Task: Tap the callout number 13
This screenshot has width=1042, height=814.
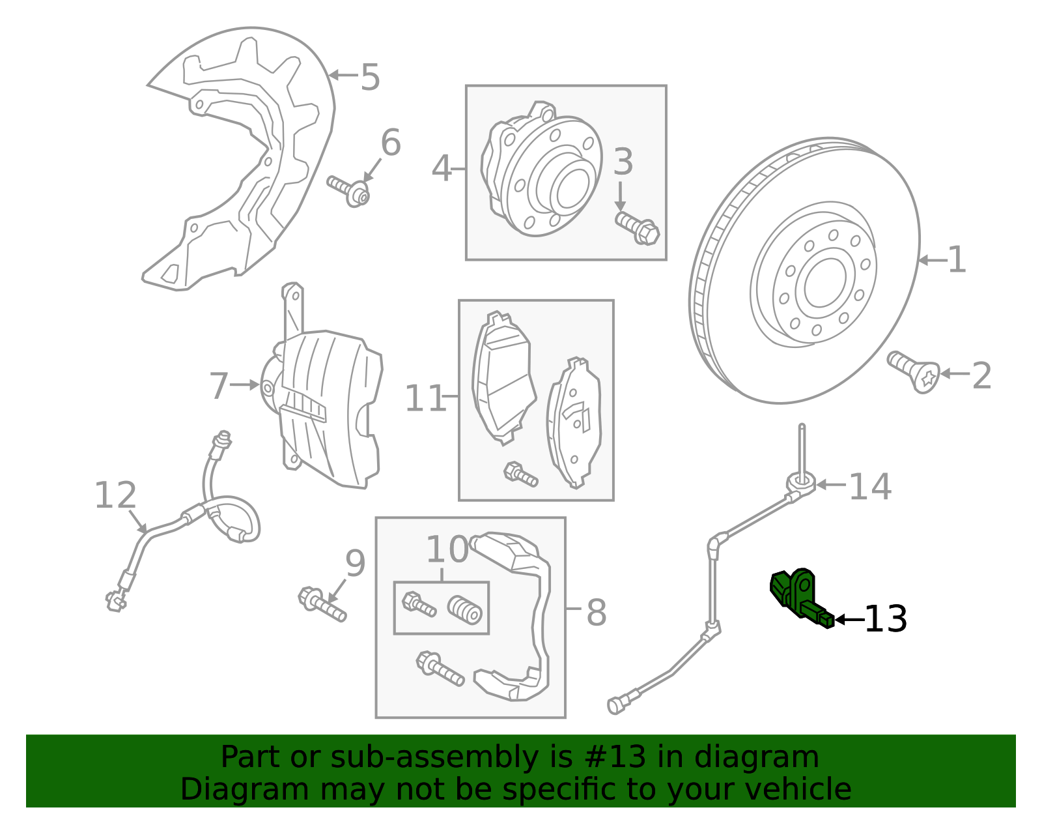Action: pyautogui.click(x=885, y=619)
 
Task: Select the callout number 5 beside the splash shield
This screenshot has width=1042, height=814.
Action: pyautogui.click(x=370, y=78)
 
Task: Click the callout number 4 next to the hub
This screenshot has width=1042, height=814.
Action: pyautogui.click(x=441, y=169)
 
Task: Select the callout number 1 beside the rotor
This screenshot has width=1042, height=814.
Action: pyautogui.click(x=956, y=260)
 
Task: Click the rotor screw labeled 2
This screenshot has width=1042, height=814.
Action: pyautogui.click(x=914, y=371)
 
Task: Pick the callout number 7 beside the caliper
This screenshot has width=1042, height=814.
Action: pyautogui.click(x=219, y=386)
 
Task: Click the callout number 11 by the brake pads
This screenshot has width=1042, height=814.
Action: pyautogui.click(x=425, y=398)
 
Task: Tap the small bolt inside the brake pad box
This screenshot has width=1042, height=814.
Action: pyautogui.click(x=520, y=474)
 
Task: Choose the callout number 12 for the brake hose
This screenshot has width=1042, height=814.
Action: pyautogui.click(x=115, y=495)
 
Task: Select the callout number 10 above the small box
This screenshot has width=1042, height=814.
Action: pyautogui.click(x=447, y=550)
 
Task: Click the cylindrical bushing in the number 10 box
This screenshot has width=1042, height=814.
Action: pyautogui.click(x=465, y=609)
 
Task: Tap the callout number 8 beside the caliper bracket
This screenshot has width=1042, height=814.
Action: pyautogui.click(x=596, y=613)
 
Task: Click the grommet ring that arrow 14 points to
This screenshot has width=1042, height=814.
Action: pyautogui.click(x=801, y=482)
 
